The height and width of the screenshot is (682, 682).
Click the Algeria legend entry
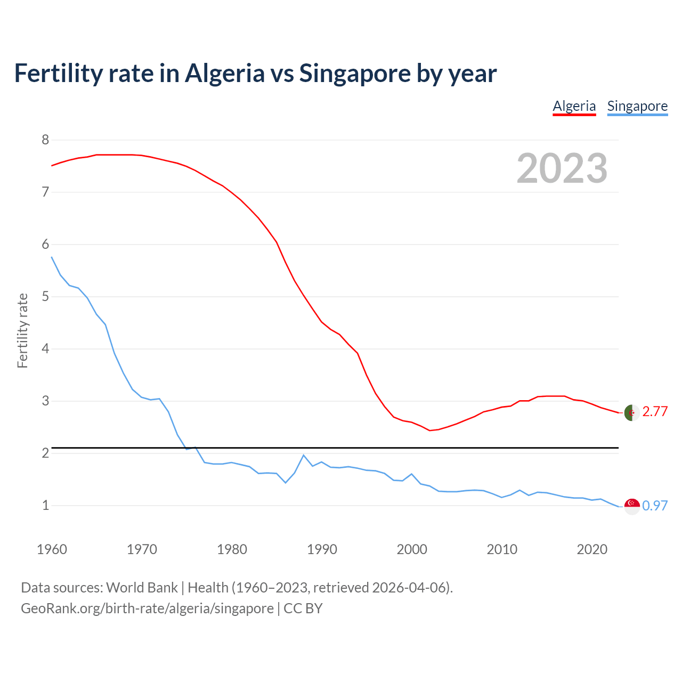pyautogui.click(x=574, y=106)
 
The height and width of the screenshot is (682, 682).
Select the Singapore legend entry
pyautogui.click(x=637, y=106)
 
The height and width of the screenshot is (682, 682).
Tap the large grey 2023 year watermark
pyautogui.click(x=562, y=168)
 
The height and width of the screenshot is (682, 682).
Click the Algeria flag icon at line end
pyautogui.click(x=631, y=412)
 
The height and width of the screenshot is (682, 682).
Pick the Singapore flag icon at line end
pyautogui.click(x=631, y=506)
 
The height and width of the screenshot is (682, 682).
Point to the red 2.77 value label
pyautogui.click(x=655, y=411)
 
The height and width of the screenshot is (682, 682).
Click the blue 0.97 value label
pyautogui.click(x=655, y=506)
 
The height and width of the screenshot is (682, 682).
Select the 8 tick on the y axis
pyautogui.click(x=45, y=140)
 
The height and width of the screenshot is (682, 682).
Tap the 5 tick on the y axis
pyautogui.click(x=45, y=296)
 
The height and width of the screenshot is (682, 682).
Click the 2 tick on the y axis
pyautogui.click(x=45, y=453)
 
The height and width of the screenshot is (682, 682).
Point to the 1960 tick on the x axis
pyautogui.click(x=52, y=549)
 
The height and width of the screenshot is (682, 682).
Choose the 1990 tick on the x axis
pyautogui.click(x=322, y=549)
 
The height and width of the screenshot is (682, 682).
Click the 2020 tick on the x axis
pyautogui.click(x=592, y=549)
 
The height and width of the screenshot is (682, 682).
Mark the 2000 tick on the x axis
pyautogui.click(x=412, y=549)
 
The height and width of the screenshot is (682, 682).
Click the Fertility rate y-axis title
pyautogui.click(x=22, y=330)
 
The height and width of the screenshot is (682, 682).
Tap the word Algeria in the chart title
pyautogui.click(x=224, y=73)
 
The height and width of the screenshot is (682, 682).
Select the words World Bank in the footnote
pyautogui.click(x=142, y=588)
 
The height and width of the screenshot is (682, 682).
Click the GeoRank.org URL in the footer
pyautogui.click(x=147, y=608)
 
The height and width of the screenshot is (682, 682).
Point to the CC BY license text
pyautogui.click(x=303, y=608)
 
